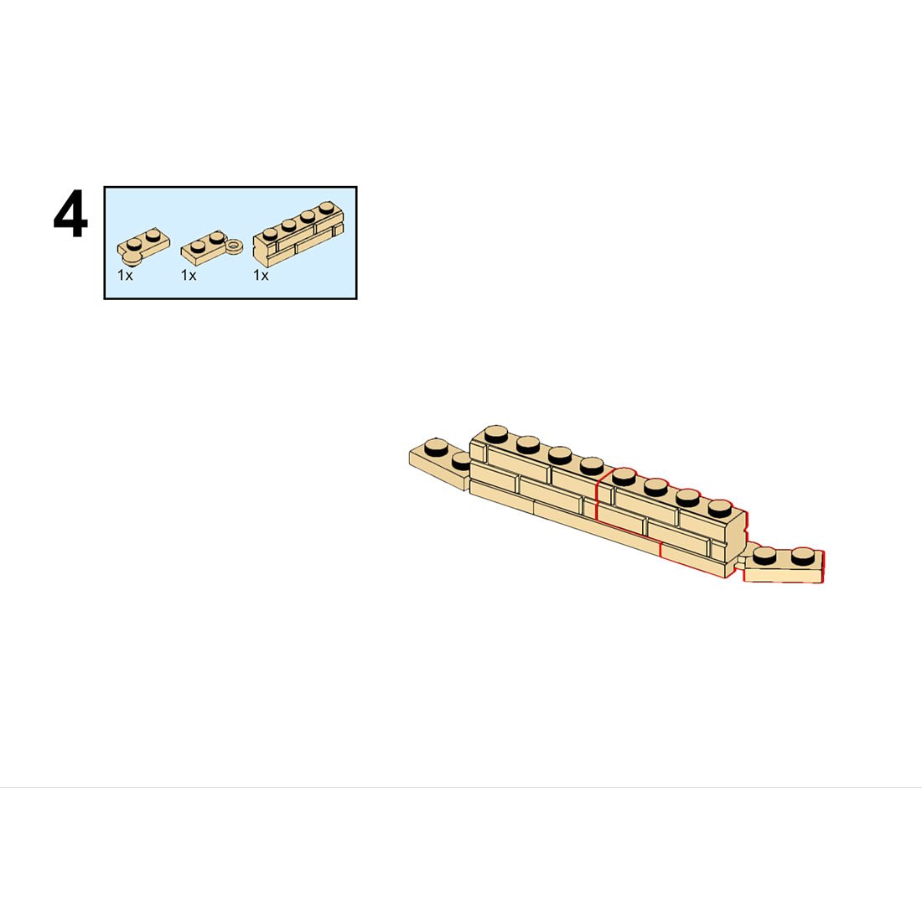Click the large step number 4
70,214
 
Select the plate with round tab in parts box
142,246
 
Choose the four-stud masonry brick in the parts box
298,234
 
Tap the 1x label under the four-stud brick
261,275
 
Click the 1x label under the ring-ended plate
189,275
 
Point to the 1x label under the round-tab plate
125,275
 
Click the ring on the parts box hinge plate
235,246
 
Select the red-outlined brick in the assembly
671,517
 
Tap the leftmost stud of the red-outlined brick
624,476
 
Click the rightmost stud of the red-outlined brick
720,508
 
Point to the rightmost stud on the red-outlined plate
804,556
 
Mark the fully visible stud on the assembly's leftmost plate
436,448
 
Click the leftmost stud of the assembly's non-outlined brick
497,434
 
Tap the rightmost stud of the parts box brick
326,209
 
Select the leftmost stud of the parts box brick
270,234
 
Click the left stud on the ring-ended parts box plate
198,246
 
